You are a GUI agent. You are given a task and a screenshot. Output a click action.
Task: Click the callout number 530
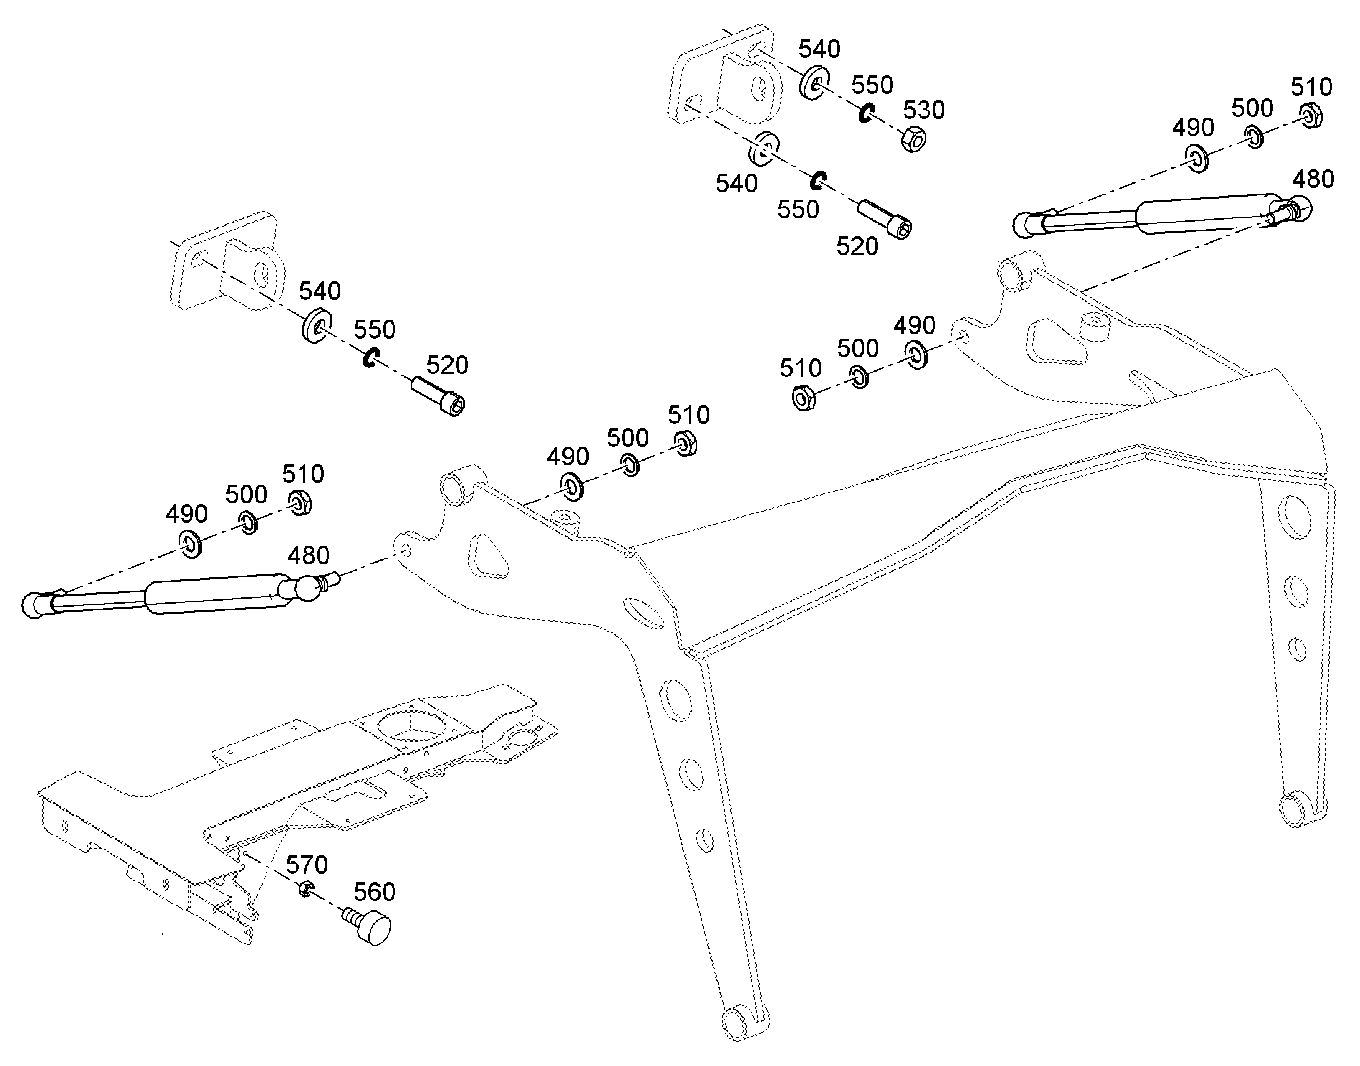[924, 111]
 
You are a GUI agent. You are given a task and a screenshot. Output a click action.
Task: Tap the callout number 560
[375, 892]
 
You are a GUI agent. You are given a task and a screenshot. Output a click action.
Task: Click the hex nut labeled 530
[913, 139]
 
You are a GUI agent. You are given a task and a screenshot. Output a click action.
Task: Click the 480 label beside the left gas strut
[308, 556]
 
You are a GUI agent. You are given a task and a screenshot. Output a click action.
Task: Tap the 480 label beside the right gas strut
[1313, 180]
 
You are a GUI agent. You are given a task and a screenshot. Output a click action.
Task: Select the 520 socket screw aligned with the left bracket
[438, 396]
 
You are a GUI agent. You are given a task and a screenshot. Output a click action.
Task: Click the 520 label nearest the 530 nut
[857, 246]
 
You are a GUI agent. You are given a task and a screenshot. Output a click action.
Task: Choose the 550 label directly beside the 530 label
[872, 85]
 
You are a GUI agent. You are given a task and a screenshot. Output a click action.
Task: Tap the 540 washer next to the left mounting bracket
[317, 325]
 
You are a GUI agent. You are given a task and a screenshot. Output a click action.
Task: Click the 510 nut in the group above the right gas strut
[1311, 116]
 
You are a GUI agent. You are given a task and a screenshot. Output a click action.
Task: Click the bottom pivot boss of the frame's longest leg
[737, 1021]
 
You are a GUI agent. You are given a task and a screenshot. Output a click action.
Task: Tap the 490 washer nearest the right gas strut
[1197, 159]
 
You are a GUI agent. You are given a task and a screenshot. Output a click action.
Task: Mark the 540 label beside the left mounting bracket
[319, 291]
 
